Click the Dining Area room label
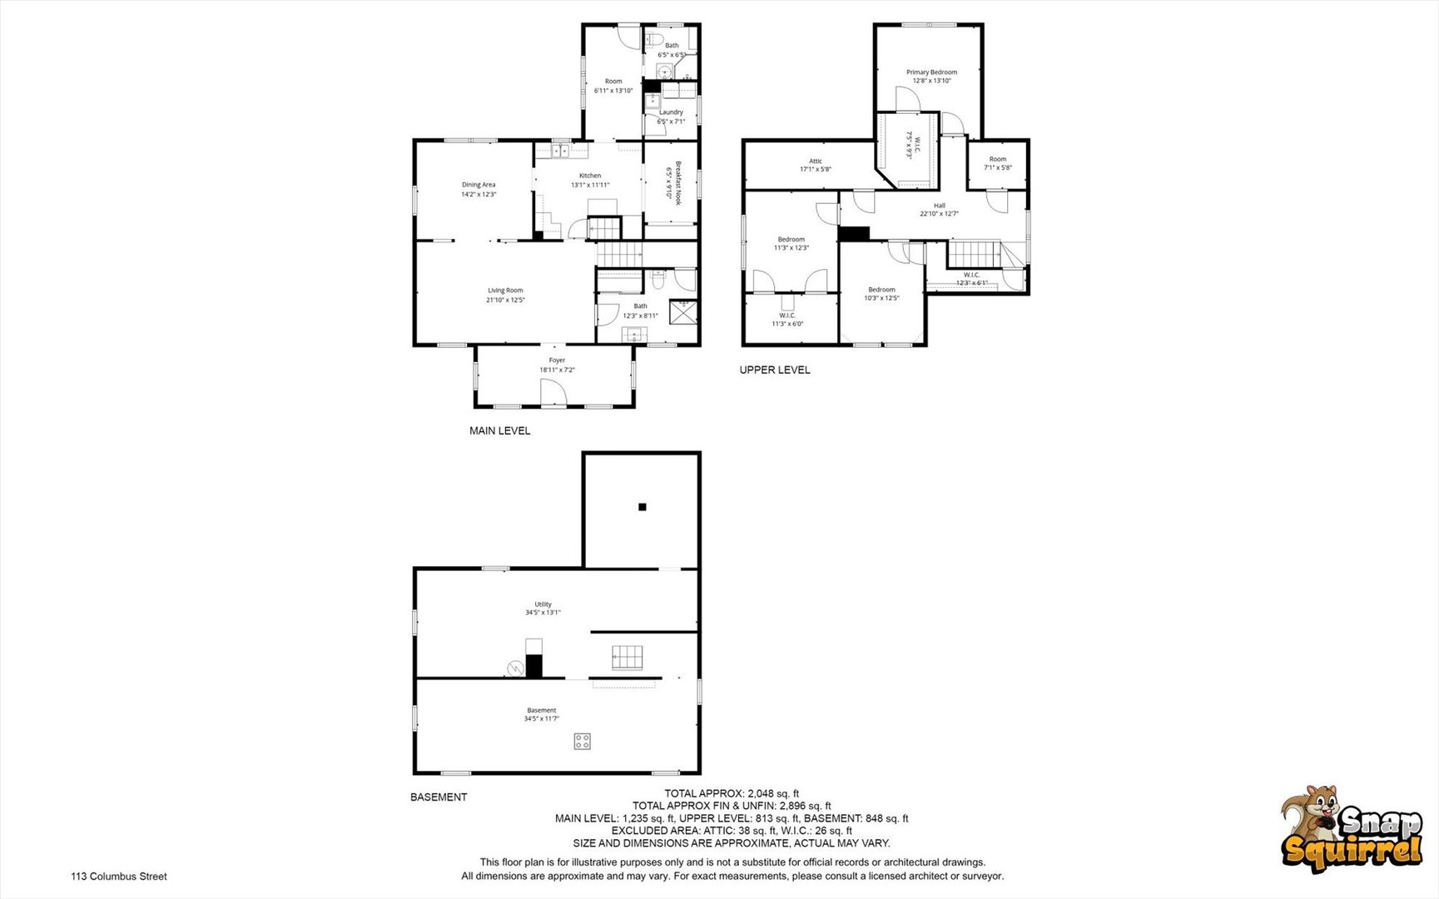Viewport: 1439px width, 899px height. (479, 185)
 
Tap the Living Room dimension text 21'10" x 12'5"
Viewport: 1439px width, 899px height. (506, 300)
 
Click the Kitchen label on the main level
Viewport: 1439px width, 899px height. (590, 176)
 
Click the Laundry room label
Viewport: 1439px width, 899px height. (671, 112)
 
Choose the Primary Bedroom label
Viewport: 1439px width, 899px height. (931, 72)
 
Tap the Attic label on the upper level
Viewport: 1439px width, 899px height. (816, 161)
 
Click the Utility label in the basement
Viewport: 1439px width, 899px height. (543, 604)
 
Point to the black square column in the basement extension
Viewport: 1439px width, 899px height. (642, 507)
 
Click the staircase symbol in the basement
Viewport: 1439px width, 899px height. (628, 657)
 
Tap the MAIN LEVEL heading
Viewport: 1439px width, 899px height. (499, 431)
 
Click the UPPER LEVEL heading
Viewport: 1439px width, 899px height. (774, 370)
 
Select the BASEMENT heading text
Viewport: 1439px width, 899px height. (439, 797)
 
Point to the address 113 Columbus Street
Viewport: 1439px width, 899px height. (119, 877)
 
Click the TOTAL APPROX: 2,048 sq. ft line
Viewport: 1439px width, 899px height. (731, 793)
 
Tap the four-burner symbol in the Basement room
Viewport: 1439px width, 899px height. (582, 741)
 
